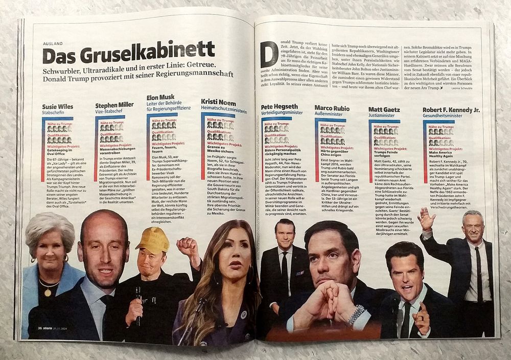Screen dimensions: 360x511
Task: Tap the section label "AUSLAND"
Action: (x=54, y=43)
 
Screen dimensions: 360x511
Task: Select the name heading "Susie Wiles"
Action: (x=58, y=107)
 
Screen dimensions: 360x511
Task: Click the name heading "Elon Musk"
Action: (x=160, y=97)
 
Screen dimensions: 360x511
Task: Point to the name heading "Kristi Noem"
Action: (x=218, y=102)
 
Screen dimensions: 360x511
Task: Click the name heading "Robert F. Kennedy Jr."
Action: (x=451, y=109)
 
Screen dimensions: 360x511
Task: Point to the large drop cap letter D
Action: (x=269, y=53)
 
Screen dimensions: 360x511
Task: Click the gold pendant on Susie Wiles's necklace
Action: (x=48, y=292)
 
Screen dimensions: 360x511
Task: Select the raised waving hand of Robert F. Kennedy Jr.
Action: (x=426, y=218)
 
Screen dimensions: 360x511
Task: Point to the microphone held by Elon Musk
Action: (x=137, y=302)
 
